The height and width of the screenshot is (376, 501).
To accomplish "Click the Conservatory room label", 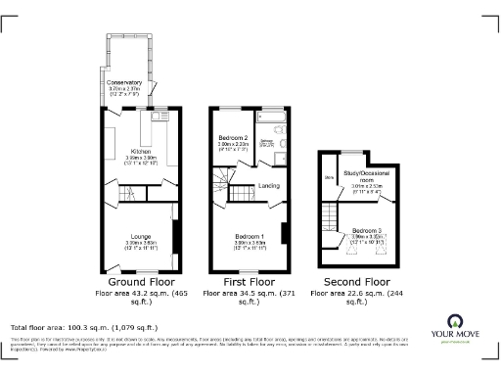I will click(125, 83).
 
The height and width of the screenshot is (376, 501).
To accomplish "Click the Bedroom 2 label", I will click(232, 138).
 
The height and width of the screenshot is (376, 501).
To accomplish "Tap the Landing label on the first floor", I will click(269, 185).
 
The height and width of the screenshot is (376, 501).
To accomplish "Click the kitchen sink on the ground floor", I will click(157, 126).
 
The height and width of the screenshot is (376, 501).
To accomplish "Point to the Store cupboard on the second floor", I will click(328, 177).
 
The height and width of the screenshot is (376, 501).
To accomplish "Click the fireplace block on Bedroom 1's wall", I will click(284, 234).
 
